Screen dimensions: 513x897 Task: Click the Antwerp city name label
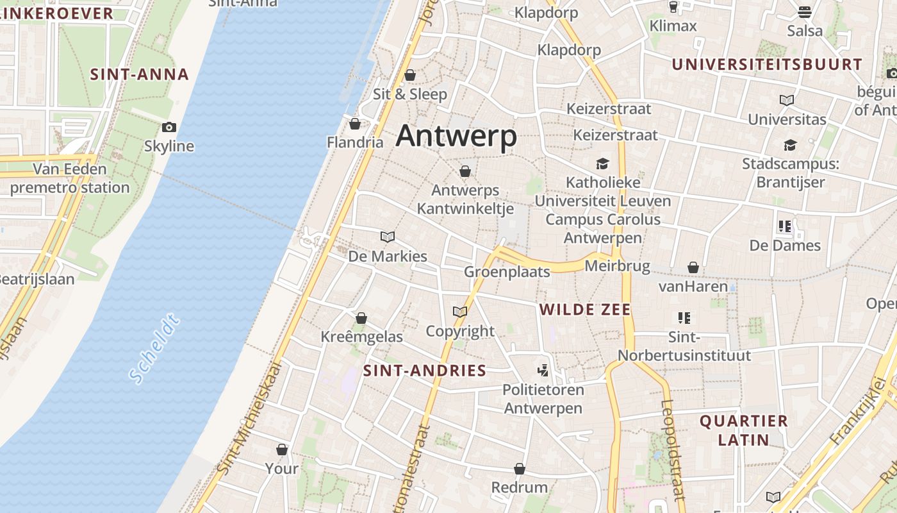point(456,137)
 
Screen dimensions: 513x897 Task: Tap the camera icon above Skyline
point(169,127)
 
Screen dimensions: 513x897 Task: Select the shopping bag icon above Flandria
point(355,123)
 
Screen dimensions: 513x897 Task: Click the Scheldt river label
point(154,349)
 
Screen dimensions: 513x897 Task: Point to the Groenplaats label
point(507,272)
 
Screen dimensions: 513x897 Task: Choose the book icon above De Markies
point(388,237)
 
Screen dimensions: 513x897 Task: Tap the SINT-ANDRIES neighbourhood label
point(425,371)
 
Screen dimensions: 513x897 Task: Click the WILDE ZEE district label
point(585,310)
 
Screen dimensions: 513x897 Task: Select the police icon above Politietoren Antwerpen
point(543,370)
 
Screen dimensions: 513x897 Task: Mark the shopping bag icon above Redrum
point(520,469)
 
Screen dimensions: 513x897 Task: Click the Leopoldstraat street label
point(673,449)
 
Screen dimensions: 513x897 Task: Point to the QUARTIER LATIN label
point(743,430)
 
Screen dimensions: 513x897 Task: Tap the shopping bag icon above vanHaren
point(693,267)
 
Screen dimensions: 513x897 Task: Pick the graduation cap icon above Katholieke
point(602,163)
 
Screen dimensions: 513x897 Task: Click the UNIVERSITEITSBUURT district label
point(767,65)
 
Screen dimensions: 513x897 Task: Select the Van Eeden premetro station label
point(70,178)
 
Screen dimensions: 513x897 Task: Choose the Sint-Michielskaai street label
point(251,417)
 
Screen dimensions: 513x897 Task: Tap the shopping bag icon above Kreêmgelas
point(361,317)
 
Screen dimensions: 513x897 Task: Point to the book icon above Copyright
point(460,312)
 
